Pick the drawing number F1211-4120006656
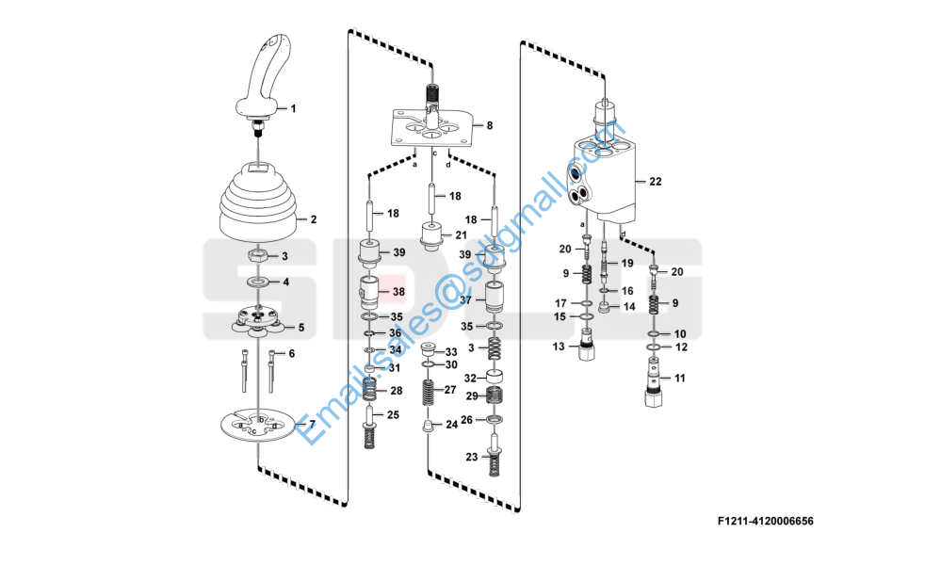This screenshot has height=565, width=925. tap(764, 521)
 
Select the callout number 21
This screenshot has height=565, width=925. tap(462, 234)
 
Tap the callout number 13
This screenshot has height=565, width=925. tap(559, 347)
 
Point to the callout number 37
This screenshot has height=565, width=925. tap(464, 300)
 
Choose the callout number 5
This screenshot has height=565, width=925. tap(301, 328)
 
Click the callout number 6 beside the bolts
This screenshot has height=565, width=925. tap(291, 353)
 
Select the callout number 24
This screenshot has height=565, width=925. tap(451, 425)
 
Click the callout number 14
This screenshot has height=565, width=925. tap(629, 307)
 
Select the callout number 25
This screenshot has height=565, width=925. tap(394, 414)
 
